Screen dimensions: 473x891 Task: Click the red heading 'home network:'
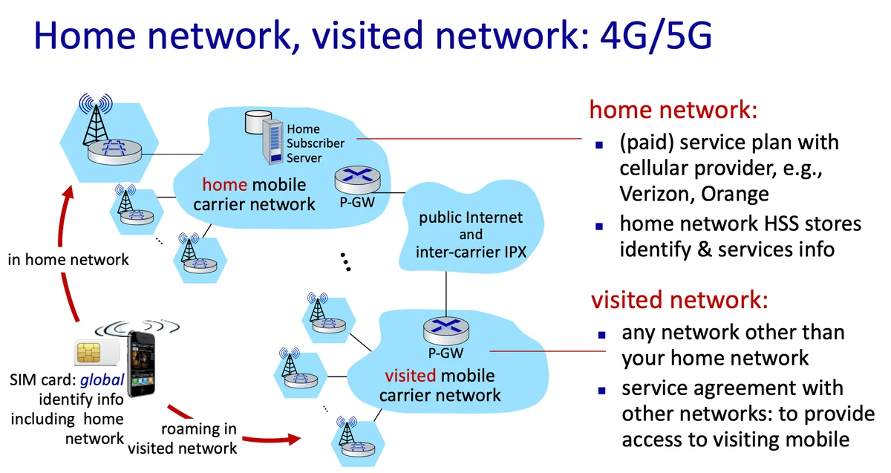pyautogui.click(x=673, y=110)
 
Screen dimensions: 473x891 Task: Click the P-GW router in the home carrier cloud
pyautogui.click(x=354, y=178)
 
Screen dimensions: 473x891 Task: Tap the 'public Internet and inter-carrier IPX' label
pyautogui.click(x=471, y=234)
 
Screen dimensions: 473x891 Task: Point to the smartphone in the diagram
pyautogui.click(x=142, y=365)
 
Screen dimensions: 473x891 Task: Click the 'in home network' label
pyautogui.click(x=68, y=260)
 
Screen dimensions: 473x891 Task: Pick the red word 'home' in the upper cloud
pyautogui.click(x=225, y=183)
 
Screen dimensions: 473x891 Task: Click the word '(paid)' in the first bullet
pyautogui.click(x=647, y=142)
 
